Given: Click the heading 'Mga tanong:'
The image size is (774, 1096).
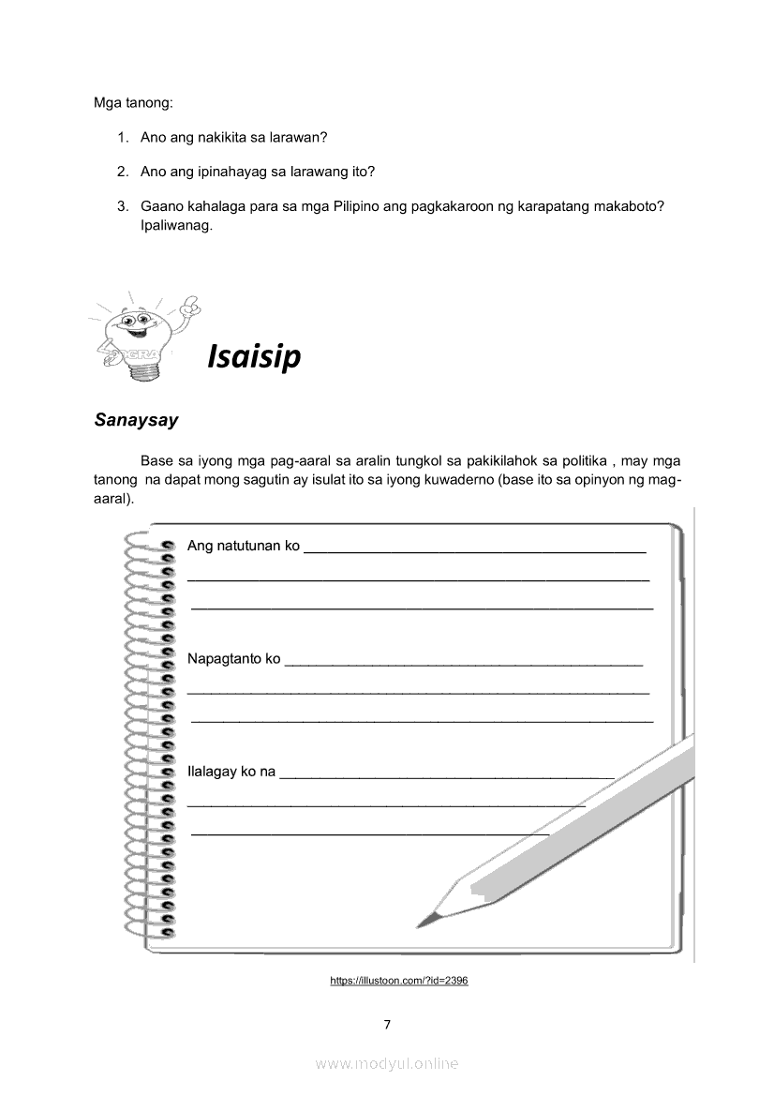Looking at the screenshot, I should click(x=133, y=101).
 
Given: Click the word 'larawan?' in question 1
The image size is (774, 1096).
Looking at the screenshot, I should click(x=298, y=137).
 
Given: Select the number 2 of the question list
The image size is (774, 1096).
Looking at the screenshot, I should click(x=122, y=172).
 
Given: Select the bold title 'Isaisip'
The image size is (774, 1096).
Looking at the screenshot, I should click(x=254, y=356).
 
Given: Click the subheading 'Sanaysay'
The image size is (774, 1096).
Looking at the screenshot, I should click(x=136, y=420).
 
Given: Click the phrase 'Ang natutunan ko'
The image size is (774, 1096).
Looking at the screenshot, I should click(x=243, y=546).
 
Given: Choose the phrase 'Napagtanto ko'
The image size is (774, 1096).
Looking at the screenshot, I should click(x=233, y=659).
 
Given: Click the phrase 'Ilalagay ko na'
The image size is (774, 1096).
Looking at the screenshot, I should click(x=231, y=772).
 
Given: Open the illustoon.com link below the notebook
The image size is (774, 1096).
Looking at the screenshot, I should click(x=399, y=981).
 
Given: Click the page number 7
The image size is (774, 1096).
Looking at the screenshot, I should click(x=387, y=1024).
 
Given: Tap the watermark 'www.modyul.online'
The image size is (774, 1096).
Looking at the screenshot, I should click(x=387, y=1064).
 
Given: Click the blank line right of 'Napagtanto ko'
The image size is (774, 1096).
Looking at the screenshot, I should click(x=463, y=663).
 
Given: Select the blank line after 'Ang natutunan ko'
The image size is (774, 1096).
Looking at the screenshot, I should click(x=475, y=550).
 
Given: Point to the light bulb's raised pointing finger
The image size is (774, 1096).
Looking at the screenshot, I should click(x=191, y=305).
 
